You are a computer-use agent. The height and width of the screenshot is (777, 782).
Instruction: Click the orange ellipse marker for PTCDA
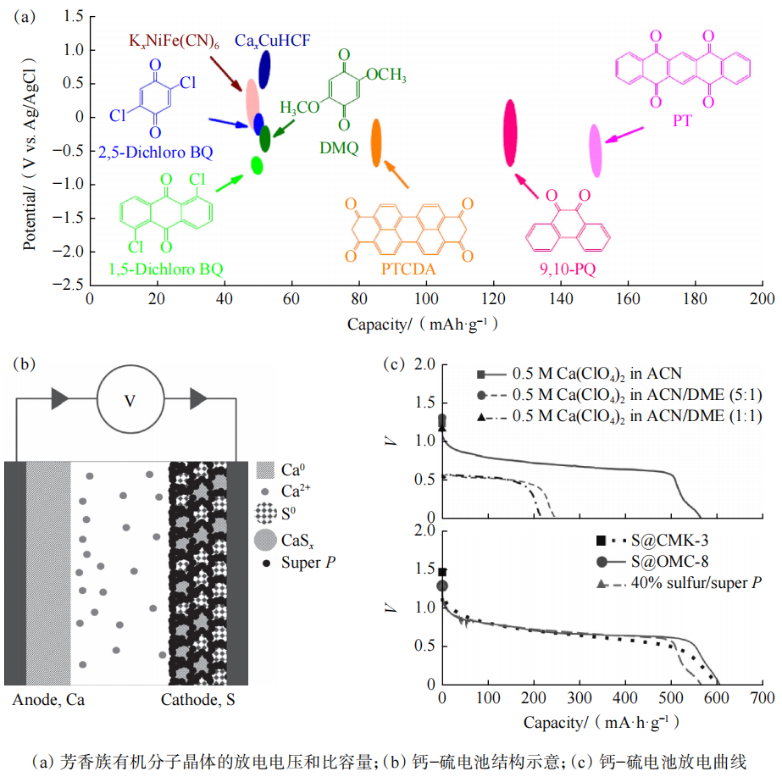tap(376, 143)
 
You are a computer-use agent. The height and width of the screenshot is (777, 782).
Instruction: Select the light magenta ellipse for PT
tap(596, 150)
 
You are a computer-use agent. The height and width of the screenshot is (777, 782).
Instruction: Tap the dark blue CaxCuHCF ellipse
tap(264, 69)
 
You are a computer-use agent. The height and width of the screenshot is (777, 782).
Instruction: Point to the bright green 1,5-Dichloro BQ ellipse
tap(257, 164)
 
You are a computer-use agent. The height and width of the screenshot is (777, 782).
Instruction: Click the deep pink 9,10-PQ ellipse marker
tap(510, 127)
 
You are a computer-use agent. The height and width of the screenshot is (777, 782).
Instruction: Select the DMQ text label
tap(339, 147)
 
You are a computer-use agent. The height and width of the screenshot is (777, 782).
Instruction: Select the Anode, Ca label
tap(48, 701)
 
